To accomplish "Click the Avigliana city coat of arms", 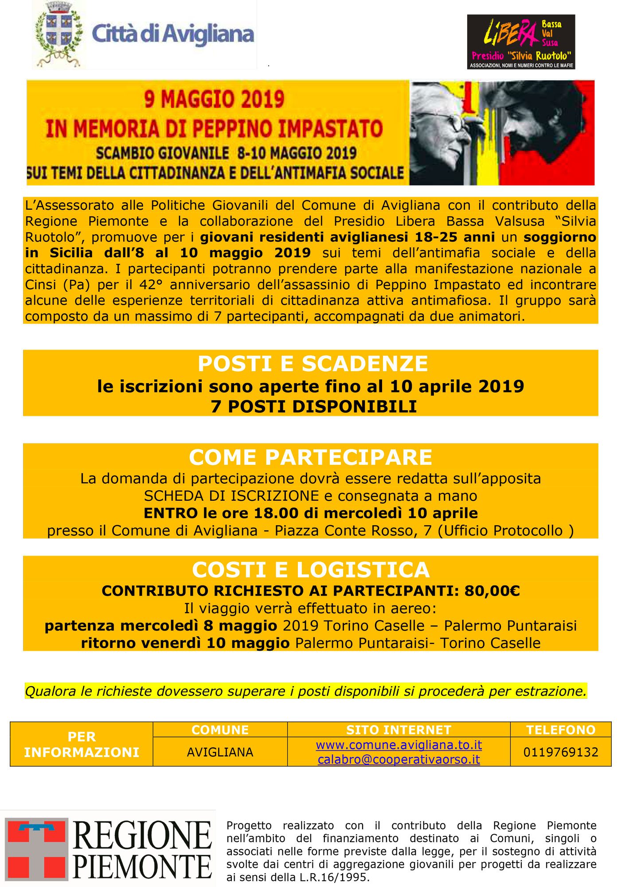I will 59,35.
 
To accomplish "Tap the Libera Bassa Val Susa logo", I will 521,42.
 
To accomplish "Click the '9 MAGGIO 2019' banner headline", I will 214,99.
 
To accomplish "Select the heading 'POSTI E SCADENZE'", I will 312,364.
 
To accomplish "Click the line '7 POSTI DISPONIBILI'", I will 314,406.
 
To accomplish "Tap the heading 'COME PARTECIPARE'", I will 310,457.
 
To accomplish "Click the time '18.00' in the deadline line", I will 276,513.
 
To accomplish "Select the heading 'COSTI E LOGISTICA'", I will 311,570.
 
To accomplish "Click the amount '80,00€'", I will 492,591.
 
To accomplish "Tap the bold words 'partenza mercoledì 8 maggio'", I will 161,626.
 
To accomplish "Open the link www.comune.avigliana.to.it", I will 398,745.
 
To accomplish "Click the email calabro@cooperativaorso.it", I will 398,759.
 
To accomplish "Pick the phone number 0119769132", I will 560,752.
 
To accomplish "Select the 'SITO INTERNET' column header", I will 398,730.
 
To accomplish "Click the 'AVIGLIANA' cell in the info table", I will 220,752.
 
